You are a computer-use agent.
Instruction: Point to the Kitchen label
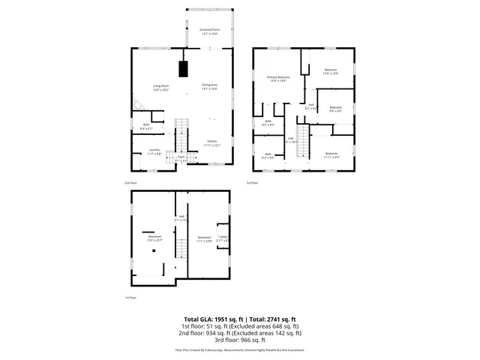click(213, 141)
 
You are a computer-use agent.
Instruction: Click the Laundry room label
click(154, 150)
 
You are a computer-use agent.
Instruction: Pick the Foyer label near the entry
click(181, 157)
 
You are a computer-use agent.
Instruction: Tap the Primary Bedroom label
click(277, 77)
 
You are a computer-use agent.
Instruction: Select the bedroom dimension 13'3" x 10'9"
click(331, 73)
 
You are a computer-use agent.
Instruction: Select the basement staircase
click(181, 244)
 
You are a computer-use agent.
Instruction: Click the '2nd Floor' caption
click(130, 183)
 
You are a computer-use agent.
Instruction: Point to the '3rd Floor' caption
click(252, 183)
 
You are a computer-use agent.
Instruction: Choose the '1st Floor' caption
click(130, 298)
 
